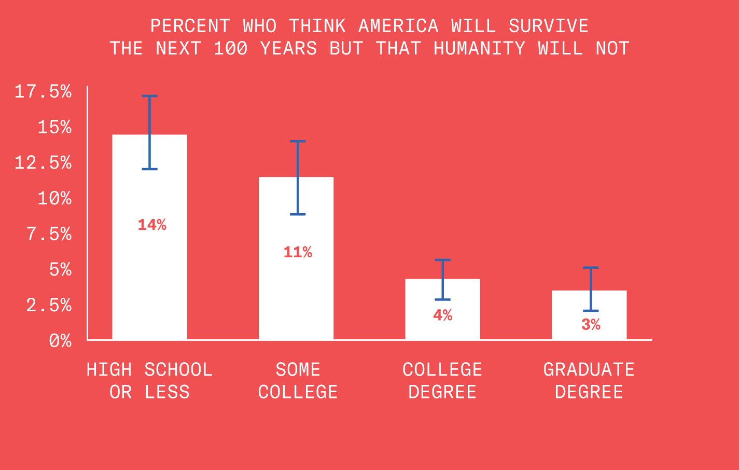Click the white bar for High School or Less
[149, 270]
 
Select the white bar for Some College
[296, 291]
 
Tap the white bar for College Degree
[442, 327]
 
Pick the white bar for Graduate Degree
[589, 332]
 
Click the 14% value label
[152, 225]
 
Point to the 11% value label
[298, 252]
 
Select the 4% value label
[443, 315]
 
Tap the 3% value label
[591, 325]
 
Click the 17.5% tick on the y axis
[43, 92]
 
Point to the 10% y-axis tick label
[54, 198]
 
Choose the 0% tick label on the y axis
[60, 341]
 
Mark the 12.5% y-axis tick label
[43, 163]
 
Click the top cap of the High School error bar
[149, 96]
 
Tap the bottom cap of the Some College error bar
[297, 214]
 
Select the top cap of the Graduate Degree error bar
[590, 268]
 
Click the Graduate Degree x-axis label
[589, 381]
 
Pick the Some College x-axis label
[298, 381]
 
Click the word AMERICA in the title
[398, 26]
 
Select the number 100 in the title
[230, 48]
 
